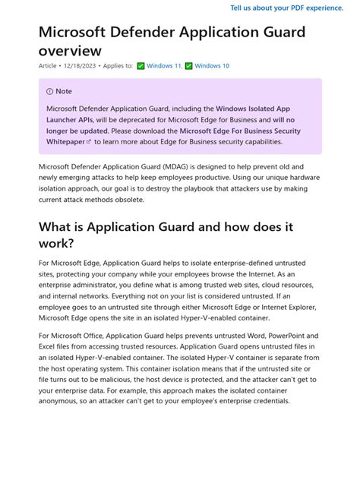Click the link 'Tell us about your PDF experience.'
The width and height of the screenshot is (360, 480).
286,8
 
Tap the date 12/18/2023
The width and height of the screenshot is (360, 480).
80,66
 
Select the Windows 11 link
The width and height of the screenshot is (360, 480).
165,66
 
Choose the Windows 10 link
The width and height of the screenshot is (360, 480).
212,66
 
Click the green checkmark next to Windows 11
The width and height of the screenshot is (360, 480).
141,66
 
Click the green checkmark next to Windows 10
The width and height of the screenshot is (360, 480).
189,66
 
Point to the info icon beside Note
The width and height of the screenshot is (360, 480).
50,91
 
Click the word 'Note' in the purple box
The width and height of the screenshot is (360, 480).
64,91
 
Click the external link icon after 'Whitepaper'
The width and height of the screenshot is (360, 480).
89,142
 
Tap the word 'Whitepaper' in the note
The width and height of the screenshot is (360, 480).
65,142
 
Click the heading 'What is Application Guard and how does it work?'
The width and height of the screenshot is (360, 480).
166,234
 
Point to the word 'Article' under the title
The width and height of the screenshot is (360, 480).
48,66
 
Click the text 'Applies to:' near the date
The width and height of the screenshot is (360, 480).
116,66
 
